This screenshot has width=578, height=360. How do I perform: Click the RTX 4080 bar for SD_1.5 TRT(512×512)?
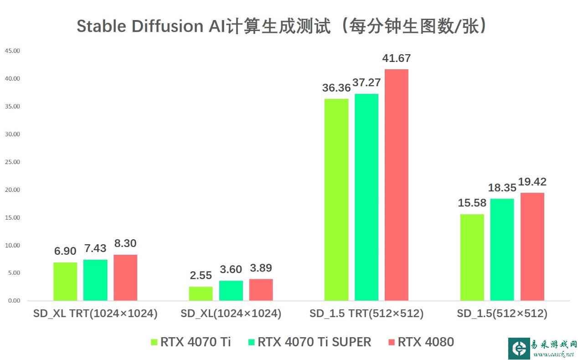click(396, 185)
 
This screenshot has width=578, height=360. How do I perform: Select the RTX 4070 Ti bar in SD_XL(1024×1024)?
click(201, 293)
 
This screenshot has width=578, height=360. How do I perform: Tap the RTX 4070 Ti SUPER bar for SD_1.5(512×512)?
click(502, 249)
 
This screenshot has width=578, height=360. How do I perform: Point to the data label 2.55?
click(201, 275)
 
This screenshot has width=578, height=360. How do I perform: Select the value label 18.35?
click(502, 188)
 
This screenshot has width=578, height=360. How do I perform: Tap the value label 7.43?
click(95, 248)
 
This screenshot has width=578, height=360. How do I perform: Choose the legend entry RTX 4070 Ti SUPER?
click(314, 342)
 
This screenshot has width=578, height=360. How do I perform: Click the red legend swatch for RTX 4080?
click(391, 342)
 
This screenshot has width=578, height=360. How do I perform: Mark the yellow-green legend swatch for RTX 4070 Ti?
click(154, 342)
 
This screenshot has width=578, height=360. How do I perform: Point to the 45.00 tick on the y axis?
click(12, 51)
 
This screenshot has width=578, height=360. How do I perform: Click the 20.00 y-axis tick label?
click(12, 190)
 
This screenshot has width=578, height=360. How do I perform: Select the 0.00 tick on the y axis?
click(14, 301)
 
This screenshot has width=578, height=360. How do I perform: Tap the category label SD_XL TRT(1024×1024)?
click(95, 314)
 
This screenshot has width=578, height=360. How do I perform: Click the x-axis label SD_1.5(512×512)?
click(502, 314)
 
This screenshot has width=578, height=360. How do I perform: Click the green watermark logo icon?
click(519, 349)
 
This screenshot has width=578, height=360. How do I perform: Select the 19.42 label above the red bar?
click(532, 182)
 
